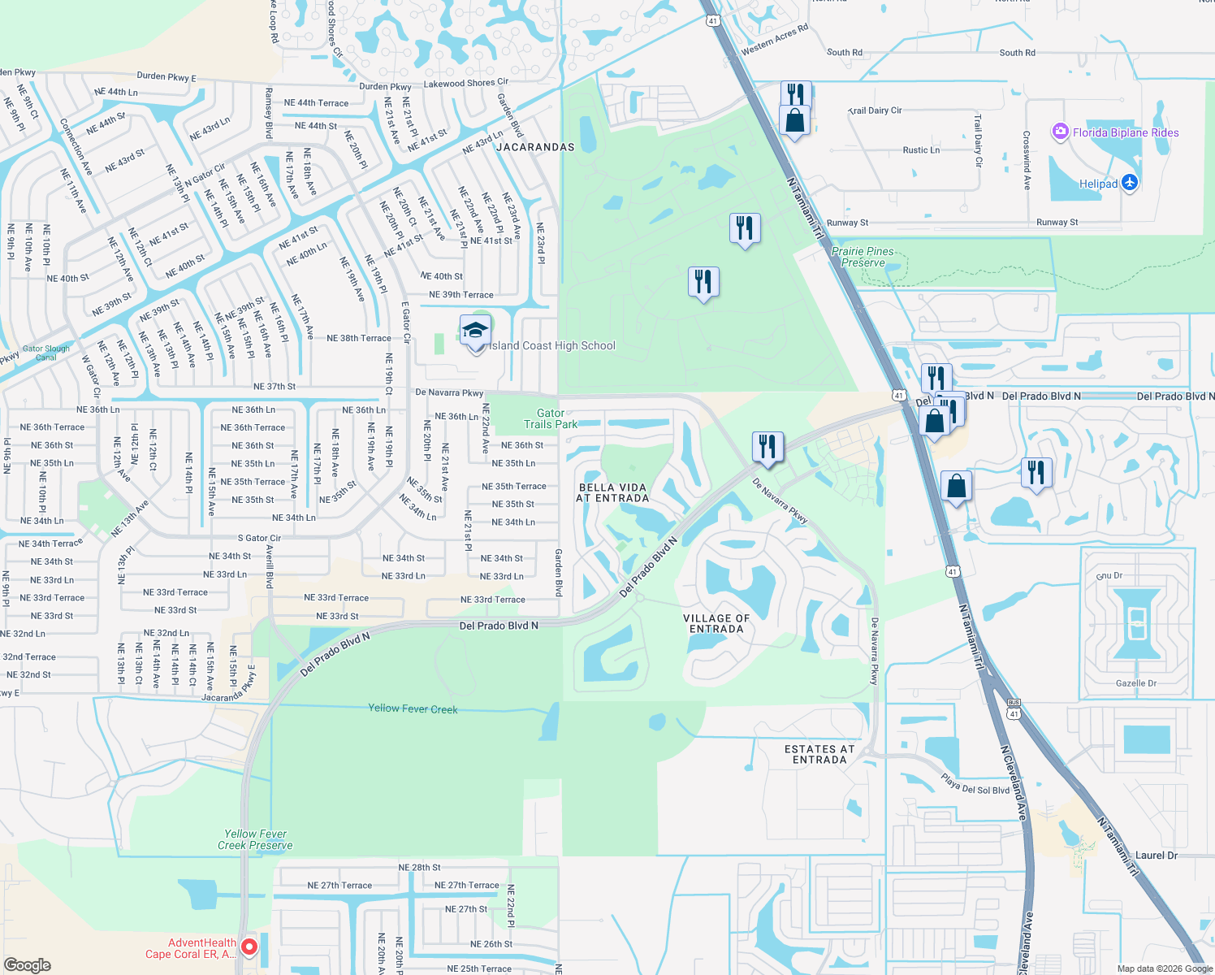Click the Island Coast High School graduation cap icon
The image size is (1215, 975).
coord(475,331)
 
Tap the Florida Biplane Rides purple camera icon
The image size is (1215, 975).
coord(1060,132)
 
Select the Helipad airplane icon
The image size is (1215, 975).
coord(1130,183)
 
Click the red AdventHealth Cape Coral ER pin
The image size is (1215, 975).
coord(249,947)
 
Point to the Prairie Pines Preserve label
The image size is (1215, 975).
coord(863,257)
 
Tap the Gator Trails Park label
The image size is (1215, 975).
coord(551,418)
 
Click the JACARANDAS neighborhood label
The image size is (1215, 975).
coord(535,147)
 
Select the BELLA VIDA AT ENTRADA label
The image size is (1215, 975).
coord(612,493)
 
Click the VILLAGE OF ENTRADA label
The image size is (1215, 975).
coord(716,623)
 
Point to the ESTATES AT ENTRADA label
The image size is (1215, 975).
coord(819,754)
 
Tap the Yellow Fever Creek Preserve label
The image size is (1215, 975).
coord(255,839)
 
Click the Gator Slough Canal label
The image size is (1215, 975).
coord(46,353)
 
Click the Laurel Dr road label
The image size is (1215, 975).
coord(1156,855)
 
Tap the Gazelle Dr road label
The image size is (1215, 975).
coord(1135,683)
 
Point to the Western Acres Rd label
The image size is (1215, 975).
coord(774,40)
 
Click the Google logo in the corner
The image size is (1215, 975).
coord(28,964)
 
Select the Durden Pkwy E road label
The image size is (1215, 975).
coord(166,77)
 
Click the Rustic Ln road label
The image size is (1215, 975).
coord(921,150)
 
